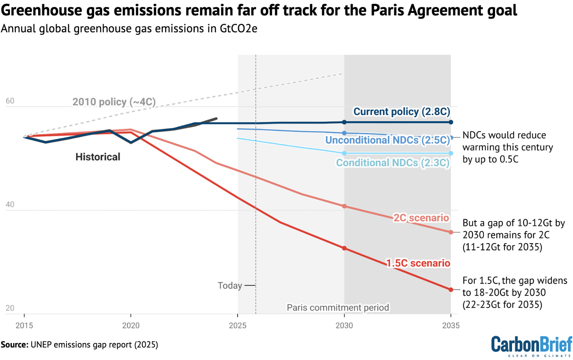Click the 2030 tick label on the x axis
(344, 325)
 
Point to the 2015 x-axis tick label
(24, 325)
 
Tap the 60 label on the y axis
(10, 101)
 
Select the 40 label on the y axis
(10, 205)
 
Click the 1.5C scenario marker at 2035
(451, 290)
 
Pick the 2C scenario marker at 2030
(344, 206)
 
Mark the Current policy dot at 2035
(451, 122)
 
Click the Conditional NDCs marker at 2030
(344, 153)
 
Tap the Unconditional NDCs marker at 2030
(344, 133)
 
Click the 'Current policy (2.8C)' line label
(401, 112)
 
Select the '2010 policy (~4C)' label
(114, 102)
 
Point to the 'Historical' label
(98, 157)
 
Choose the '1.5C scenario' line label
(418, 263)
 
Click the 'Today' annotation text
(230, 285)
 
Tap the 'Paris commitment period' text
(338, 307)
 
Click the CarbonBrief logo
(531, 346)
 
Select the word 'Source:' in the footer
(15, 345)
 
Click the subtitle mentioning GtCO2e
(129, 29)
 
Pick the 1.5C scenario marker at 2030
(344, 248)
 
